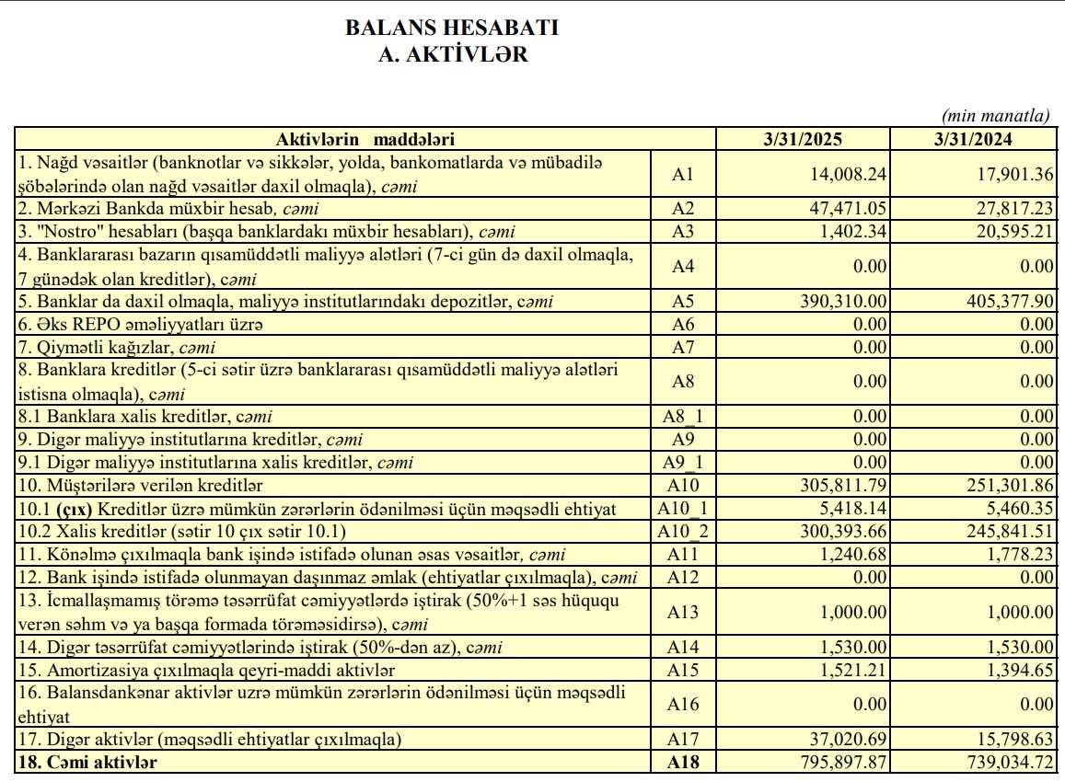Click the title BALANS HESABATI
tap(452, 28)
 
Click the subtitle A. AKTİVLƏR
tap(453, 54)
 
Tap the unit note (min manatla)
tap(995, 116)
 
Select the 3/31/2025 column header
tap(803, 140)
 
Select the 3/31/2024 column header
tap(973, 140)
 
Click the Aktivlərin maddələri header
tap(365, 140)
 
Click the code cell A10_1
tap(683, 509)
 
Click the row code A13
tap(683, 613)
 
